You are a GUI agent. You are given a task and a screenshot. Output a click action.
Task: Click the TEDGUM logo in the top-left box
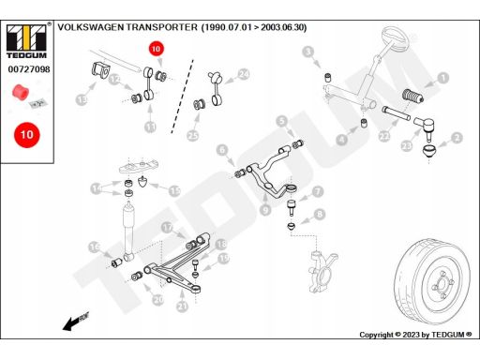point(26,41)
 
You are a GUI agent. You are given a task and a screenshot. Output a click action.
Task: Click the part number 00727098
point(29,69)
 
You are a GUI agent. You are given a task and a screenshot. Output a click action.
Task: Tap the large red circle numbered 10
point(27,135)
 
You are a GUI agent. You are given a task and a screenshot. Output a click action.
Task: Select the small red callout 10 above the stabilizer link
point(156,49)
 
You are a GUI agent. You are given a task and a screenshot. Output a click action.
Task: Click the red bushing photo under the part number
point(21,92)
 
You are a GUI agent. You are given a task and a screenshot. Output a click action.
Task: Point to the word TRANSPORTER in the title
point(162,27)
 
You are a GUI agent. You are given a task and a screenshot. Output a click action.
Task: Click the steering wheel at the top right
point(395,39)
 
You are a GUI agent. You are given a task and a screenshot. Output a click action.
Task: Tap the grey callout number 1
point(442,78)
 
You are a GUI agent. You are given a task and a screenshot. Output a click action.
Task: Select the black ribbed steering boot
point(412,96)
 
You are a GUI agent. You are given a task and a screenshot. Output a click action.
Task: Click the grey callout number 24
point(244,74)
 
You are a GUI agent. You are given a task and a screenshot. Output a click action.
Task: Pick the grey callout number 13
point(82,99)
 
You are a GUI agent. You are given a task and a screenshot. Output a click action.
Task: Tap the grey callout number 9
point(265,209)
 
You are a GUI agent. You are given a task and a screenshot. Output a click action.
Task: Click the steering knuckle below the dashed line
point(322,271)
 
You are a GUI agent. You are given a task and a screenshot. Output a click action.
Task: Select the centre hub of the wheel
point(442,284)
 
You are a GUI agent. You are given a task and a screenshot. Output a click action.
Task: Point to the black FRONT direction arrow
point(76,321)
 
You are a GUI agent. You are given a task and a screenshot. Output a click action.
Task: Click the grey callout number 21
point(182,306)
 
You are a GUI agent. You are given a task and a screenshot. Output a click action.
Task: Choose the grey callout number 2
point(457,138)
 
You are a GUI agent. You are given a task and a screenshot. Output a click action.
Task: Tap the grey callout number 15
point(174,191)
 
